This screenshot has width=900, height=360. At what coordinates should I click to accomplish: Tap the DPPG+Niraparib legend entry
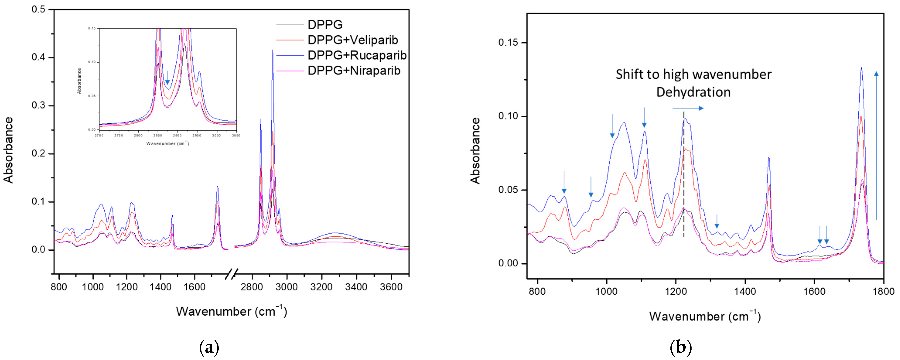[x=354, y=71]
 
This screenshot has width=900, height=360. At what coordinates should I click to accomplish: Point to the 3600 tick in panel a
[x=391, y=287]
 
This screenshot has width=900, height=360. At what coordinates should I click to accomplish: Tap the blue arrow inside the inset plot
[x=167, y=78]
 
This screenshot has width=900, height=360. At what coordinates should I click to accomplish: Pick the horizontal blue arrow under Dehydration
[x=688, y=108]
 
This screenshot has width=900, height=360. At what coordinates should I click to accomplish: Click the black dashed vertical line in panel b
[x=684, y=175]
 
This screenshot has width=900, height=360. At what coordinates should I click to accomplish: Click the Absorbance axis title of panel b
[x=476, y=151]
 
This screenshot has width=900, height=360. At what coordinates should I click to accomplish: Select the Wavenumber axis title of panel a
[x=231, y=311]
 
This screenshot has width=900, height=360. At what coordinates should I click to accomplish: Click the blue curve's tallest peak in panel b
[x=861, y=68]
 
